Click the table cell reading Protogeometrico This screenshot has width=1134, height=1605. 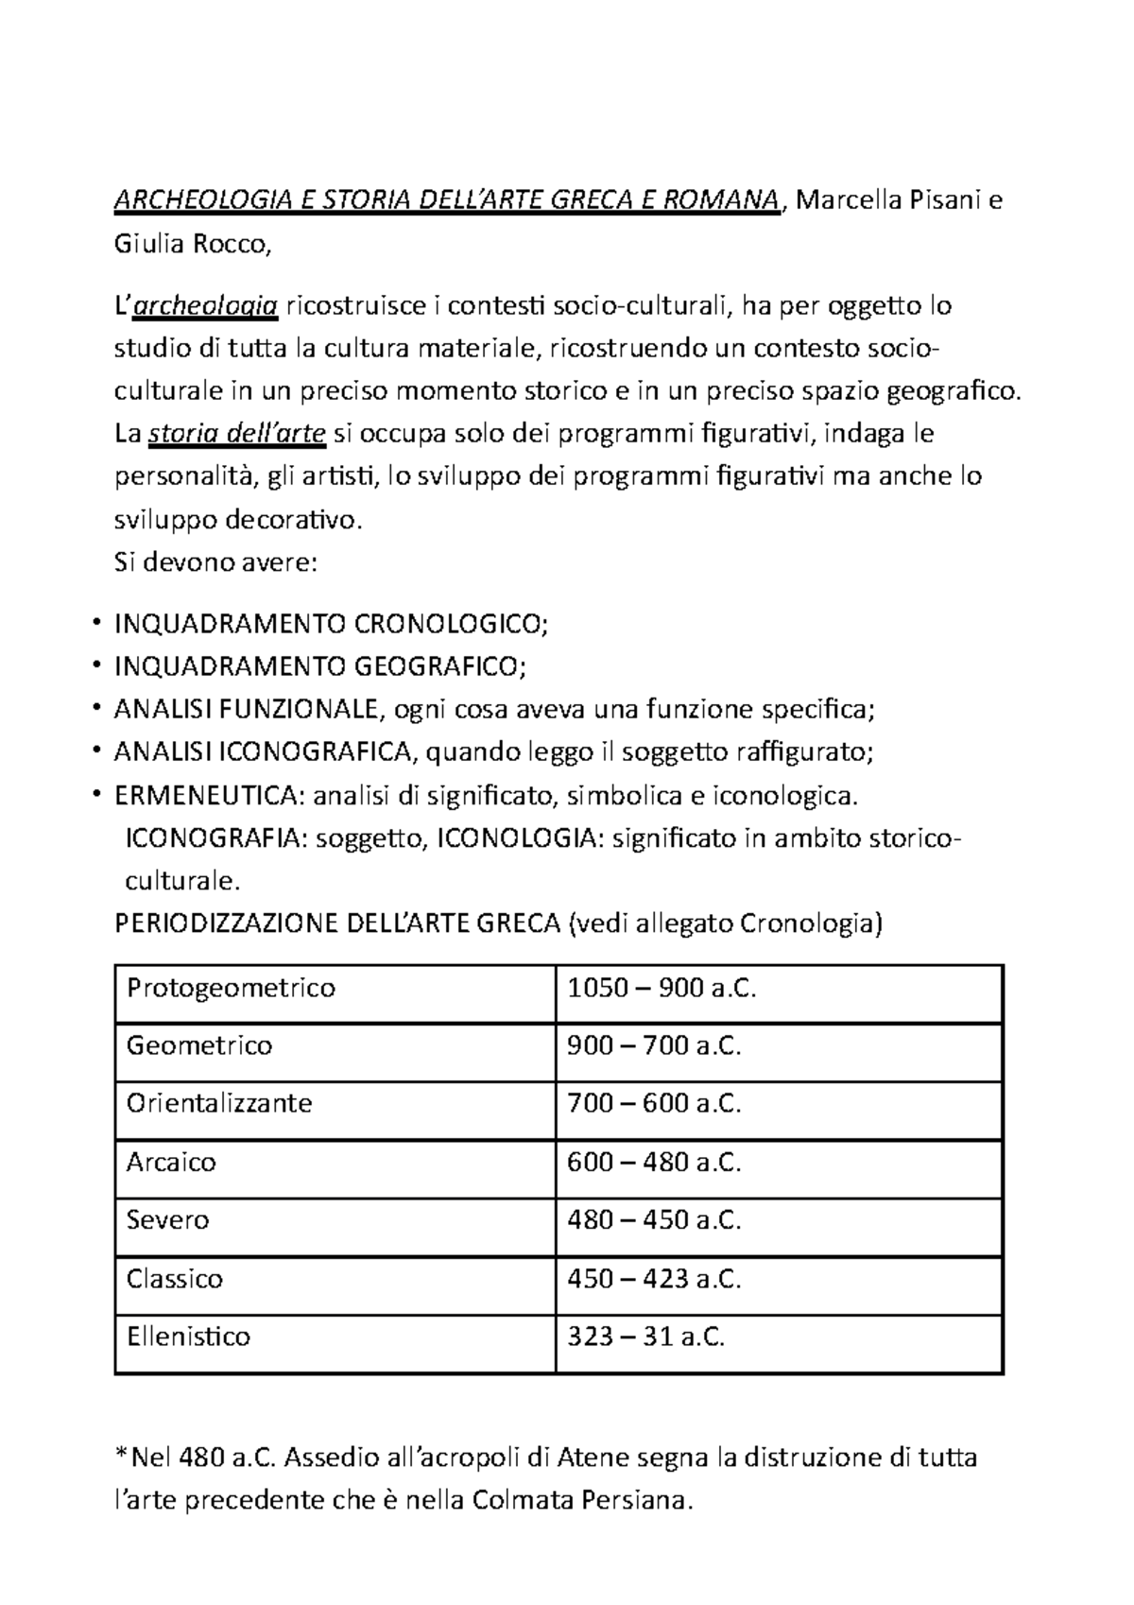(231, 989)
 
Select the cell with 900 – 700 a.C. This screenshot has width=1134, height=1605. (654, 1046)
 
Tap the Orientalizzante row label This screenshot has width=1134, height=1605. (219, 1104)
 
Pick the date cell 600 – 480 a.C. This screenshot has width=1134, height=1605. (654, 1163)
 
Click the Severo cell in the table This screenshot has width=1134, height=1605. (168, 1220)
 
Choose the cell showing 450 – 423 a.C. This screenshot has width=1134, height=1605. (654, 1279)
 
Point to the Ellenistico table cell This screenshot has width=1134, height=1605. (189, 1337)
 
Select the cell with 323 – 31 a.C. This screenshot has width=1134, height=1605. (645, 1337)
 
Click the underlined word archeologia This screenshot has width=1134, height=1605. (206, 306)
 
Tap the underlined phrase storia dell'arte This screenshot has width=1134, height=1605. (237, 435)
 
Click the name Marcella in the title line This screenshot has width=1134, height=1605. (840, 201)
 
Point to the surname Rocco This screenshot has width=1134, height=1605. (232, 245)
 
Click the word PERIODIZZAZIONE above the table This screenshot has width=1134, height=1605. (226, 923)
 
